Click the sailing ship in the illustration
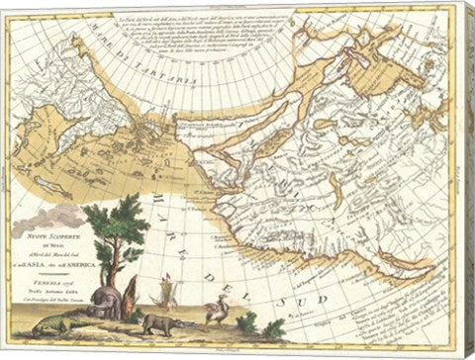tap(167, 295)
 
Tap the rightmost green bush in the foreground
tap(271, 326)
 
